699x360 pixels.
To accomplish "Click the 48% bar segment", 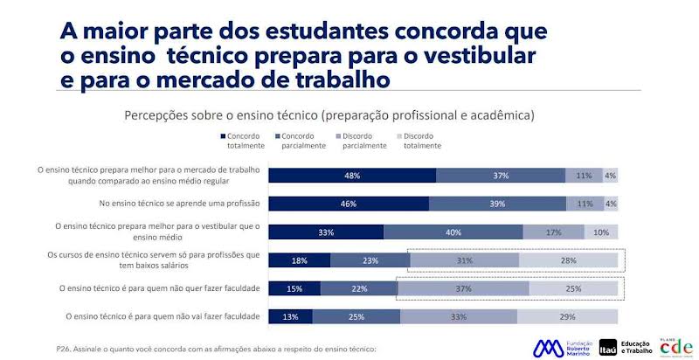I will point(352,175).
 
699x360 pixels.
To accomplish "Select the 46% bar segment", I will point(349,204).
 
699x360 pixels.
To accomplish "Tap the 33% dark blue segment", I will point(326,232).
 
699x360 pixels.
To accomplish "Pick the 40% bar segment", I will point(453,232).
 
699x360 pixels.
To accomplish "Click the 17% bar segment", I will point(553,232).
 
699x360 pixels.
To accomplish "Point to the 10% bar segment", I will point(600,232).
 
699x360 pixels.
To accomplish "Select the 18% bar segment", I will point(300,260).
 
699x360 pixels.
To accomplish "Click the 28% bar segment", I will point(568,260).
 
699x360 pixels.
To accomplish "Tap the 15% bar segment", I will point(294,288).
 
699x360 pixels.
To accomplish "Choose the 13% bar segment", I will point(291,316).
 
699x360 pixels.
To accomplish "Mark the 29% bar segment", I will point(567,316).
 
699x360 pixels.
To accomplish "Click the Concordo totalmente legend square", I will point(224,136).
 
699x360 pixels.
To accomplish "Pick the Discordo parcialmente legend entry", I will point(359,141).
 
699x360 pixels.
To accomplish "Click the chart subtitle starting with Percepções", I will point(329,114).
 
